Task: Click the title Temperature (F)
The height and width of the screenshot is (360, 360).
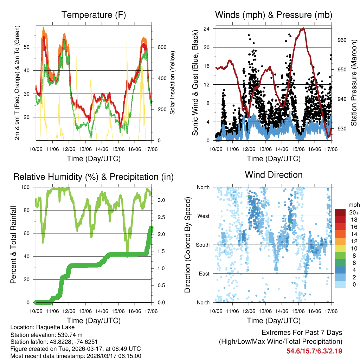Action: (x=94, y=15)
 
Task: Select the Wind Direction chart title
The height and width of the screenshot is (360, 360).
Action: (x=274, y=174)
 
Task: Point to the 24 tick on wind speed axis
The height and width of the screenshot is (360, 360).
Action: (x=207, y=28)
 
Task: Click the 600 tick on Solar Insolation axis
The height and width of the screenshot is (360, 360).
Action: (x=161, y=47)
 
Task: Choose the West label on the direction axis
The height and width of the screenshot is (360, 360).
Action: (x=203, y=216)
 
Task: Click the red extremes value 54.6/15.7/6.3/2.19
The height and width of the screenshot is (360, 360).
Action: (x=314, y=351)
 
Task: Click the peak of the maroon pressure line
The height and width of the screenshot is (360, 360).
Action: (x=303, y=29)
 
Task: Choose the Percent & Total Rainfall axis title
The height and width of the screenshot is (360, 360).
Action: (x=13, y=245)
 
